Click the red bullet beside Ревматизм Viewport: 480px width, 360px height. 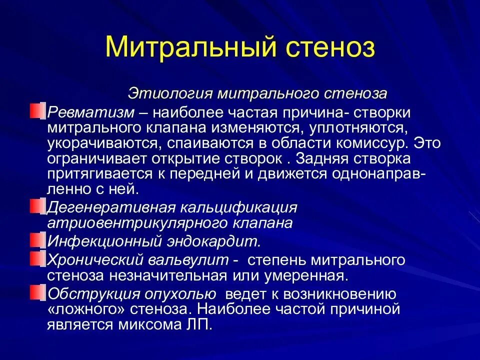pyautogui.click(x=37, y=111)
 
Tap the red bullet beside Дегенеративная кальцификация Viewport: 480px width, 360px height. pyautogui.click(x=37, y=206)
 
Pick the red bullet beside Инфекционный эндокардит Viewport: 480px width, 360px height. pyautogui.click(x=37, y=240)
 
